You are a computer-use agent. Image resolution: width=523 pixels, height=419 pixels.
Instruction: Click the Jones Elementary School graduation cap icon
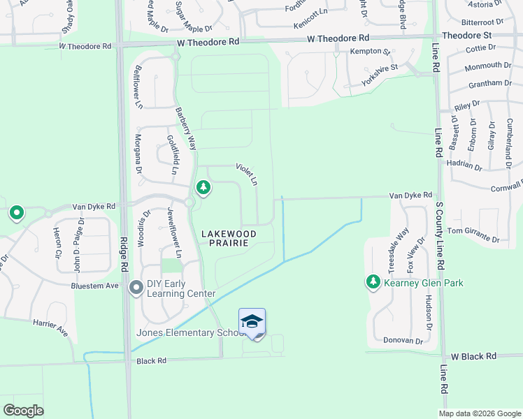click(252, 322)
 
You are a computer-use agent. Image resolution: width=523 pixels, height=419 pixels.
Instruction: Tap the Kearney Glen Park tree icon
click(373, 282)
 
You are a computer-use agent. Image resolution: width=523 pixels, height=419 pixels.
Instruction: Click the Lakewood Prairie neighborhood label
click(229, 237)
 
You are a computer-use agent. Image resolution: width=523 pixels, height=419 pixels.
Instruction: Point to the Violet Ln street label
click(248, 174)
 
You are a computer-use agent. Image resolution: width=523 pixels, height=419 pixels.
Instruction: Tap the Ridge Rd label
click(124, 255)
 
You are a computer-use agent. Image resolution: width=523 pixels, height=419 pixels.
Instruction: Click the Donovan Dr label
click(403, 340)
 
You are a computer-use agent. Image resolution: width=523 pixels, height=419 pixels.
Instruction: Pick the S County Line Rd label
click(440, 234)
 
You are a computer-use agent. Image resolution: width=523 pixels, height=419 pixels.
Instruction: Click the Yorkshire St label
click(380, 75)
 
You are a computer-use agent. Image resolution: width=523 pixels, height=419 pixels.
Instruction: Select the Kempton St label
click(371, 52)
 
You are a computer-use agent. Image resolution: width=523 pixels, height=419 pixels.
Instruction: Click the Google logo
click(24, 410)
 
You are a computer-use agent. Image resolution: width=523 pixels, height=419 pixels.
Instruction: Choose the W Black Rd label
click(473, 356)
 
